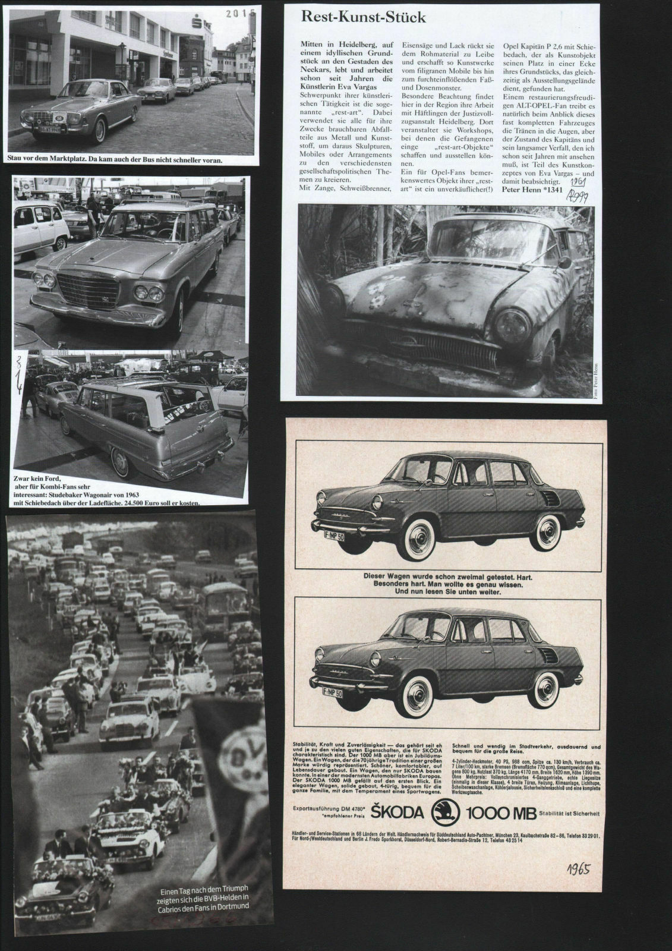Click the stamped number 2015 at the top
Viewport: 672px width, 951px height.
(243, 13)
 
